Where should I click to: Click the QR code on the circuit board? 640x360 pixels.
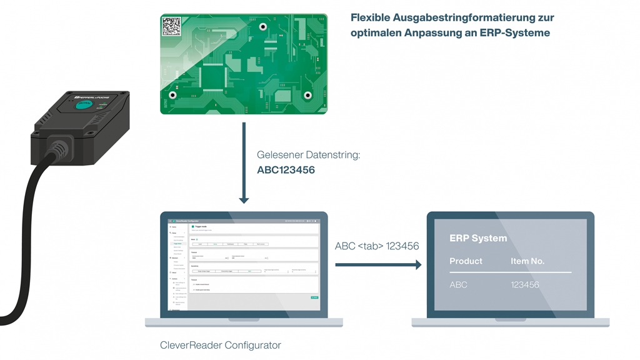pos(172,26)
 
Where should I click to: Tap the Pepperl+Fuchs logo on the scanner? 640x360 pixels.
pos(74,97)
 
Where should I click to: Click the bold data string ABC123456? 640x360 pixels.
pos(286,169)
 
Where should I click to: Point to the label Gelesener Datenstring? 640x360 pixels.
pos(308,154)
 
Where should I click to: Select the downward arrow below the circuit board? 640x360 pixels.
pos(244,162)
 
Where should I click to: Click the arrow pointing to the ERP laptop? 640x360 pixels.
pos(378,265)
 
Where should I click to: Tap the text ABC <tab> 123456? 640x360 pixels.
pos(376,246)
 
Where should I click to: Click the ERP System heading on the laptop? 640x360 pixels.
pos(478,238)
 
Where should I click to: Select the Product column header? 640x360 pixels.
pos(466,261)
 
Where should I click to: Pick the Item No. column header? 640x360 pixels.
pos(527,261)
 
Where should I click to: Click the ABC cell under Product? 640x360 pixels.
pos(458,284)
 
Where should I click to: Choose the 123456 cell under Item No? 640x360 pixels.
pos(525,284)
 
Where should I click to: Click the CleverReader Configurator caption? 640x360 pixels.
pos(221,345)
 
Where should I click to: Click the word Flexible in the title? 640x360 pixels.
pos(370,17)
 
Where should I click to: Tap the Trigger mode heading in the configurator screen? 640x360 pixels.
pos(201,226)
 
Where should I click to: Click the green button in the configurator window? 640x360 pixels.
pos(314,297)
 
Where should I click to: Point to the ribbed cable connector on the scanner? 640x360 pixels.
pos(59,149)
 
